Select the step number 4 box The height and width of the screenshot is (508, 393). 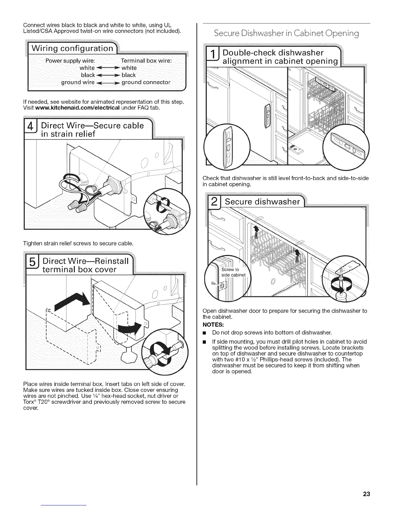[30, 129]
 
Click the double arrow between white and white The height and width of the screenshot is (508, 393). [108, 68]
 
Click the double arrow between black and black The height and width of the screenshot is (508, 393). [108, 75]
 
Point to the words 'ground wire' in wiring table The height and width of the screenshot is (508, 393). [78, 82]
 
